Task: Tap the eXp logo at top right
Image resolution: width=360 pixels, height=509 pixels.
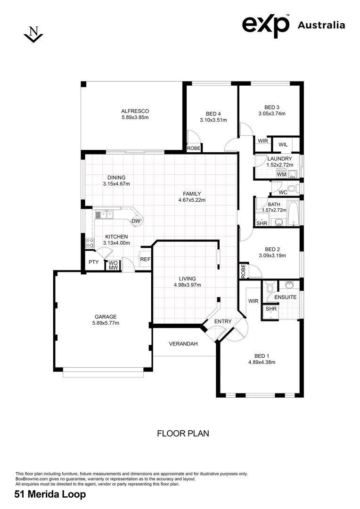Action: (x=266, y=25)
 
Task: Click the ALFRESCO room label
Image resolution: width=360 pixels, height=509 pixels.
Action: (x=135, y=111)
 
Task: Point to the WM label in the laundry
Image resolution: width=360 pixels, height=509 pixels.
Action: (x=281, y=175)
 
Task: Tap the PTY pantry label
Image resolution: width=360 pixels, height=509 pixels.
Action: (x=93, y=263)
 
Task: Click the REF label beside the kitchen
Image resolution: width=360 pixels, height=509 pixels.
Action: (x=145, y=259)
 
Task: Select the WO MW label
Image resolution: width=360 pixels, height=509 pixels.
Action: (x=113, y=265)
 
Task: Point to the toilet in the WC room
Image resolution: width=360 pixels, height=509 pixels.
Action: (x=293, y=189)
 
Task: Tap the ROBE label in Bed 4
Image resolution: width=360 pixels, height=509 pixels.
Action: (x=194, y=148)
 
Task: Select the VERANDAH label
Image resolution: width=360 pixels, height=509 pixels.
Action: (x=183, y=344)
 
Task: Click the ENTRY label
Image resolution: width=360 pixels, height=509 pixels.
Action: (x=223, y=322)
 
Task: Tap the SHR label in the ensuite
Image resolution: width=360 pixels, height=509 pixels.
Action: (x=270, y=309)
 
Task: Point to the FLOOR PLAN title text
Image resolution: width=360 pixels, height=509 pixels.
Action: (x=183, y=433)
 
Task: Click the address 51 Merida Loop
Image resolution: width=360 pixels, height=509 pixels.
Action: (x=50, y=494)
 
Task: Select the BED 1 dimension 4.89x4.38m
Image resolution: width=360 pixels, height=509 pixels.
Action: (x=262, y=362)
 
